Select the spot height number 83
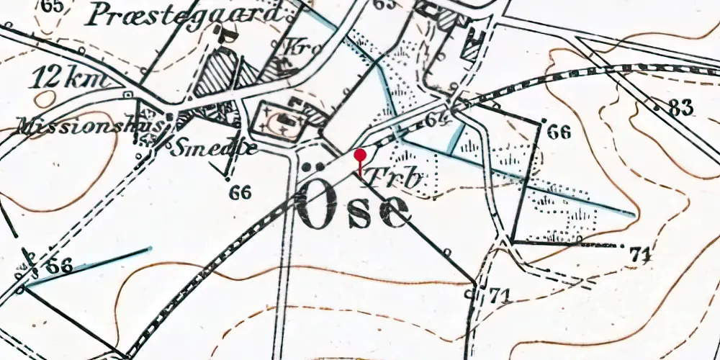coord(679,108)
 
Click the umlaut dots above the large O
coord(312,168)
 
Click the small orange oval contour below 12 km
coord(46,99)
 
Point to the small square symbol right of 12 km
coord(127,94)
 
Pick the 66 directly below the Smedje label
coord(241,193)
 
